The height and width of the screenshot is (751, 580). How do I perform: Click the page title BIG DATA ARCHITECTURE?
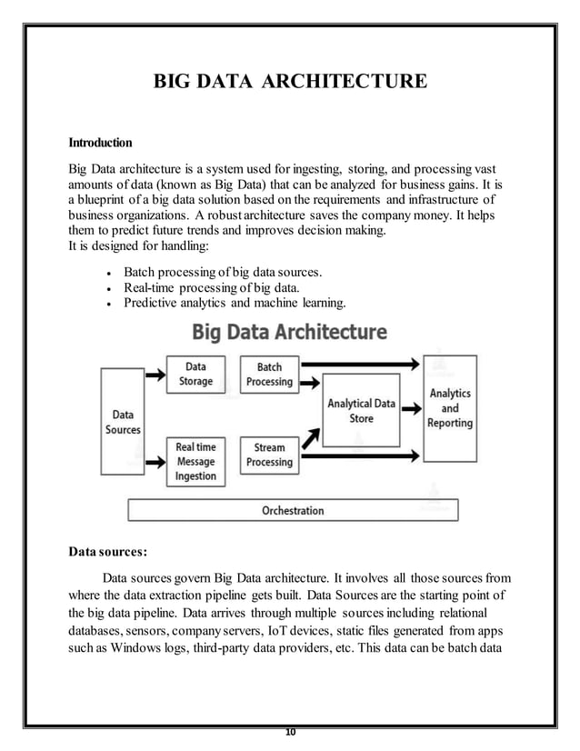pos(289,84)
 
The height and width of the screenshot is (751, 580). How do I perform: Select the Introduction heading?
pos(100,143)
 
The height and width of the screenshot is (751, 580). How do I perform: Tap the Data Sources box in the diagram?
pos(123,422)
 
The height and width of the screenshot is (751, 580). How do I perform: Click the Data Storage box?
pos(195,374)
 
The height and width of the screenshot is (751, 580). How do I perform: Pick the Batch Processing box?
pos(269,374)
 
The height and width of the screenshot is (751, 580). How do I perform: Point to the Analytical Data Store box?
pos(361,411)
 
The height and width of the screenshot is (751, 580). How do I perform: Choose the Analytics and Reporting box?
pos(450,408)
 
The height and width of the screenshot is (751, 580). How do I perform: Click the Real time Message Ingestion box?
pos(195,461)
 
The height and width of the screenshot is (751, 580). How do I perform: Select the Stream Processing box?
pos(269,455)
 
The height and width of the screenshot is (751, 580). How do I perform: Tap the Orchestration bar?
pos(293,510)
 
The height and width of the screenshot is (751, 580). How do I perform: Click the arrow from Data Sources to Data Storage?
pos(155,373)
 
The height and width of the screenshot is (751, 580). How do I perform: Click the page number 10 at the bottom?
pos(291,732)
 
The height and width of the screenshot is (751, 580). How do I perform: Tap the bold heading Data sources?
pos(107,551)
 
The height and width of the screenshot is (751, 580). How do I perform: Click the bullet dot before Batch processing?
pos(109,273)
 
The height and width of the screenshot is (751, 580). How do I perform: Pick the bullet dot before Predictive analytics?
pos(109,304)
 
